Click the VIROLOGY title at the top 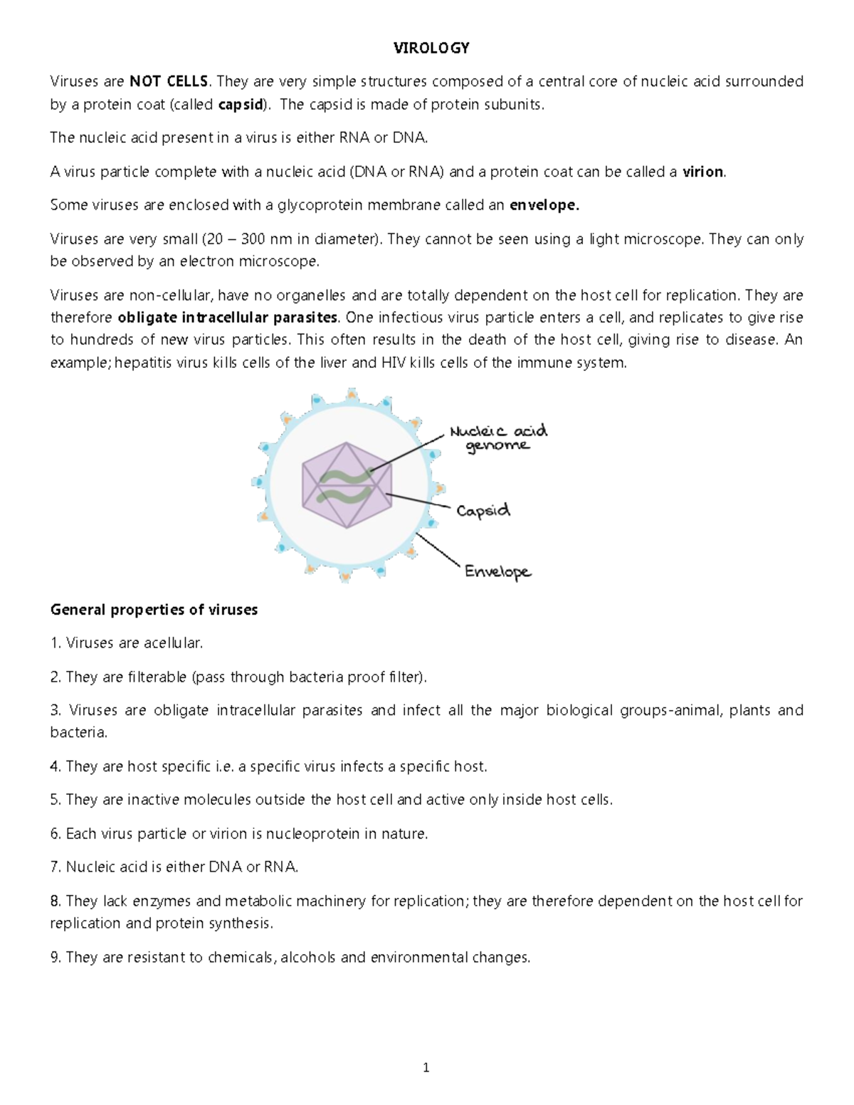432,48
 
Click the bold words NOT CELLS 169,81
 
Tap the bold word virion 702,171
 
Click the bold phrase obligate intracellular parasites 228,317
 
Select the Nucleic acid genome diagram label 497,438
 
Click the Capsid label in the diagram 483,511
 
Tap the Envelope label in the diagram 497,571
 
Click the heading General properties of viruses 154,610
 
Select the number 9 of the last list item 55,958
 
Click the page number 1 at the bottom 426,1067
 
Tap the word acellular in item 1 172,643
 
